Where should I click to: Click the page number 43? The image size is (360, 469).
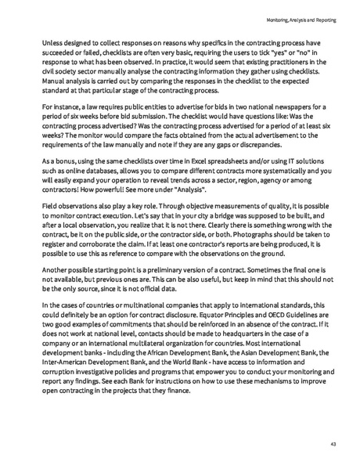(333, 444)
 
